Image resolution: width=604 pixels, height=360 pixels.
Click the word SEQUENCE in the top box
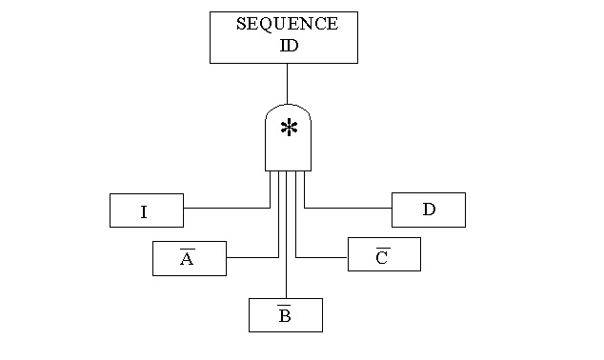[286, 24]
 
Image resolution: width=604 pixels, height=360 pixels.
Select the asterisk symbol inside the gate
[288, 129]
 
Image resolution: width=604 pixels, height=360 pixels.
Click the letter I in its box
[144, 212]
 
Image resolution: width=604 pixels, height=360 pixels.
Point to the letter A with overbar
[187, 260]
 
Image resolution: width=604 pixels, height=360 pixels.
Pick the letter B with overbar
[284, 316]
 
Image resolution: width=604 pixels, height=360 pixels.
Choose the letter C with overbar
[381, 257]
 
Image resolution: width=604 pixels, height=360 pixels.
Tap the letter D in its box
[429, 210]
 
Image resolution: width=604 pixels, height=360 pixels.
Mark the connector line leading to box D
[348, 207]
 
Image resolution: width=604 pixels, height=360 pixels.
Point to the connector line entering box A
[252, 257]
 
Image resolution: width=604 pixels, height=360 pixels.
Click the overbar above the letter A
[187, 250]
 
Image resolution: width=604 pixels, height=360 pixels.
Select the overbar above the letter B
[284, 306]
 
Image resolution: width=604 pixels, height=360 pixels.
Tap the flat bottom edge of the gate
[287, 171]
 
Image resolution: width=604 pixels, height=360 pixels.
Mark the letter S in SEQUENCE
[241, 24]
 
